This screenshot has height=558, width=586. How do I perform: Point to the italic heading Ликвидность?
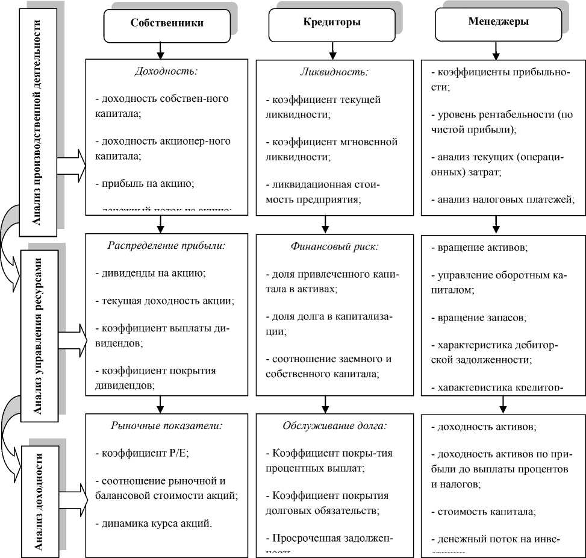click(x=334, y=71)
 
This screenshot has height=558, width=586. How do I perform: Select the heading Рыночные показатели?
click(x=166, y=425)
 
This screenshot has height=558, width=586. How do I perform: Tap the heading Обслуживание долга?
click(x=334, y=425)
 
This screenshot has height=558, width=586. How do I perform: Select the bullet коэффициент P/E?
click(x=143, y=454)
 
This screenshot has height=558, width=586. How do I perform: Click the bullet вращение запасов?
click(x=479, y=317)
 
